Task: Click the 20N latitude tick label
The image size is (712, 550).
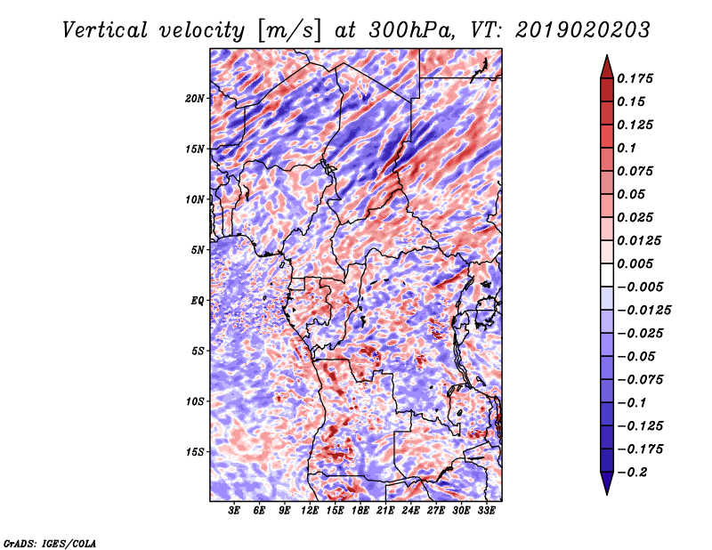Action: tap(195, 98)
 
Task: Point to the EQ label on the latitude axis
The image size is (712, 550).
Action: tap(198, 301)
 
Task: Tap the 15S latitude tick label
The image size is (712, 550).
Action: tap(195, 452)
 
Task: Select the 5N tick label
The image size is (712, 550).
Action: tap(198, 250)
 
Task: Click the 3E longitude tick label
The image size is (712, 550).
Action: tap(235, 511)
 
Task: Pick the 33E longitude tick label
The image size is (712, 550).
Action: tap(487, 511)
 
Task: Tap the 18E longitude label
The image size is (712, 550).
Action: tap(360, 511)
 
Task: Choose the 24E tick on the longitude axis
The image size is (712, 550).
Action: tap(411, 511)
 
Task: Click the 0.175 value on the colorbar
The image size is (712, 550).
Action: tap(637, 78)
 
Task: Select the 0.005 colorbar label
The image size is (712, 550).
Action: tap(637, 264)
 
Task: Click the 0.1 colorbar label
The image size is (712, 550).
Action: tap(627, 148)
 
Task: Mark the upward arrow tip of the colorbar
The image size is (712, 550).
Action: tap(605, 58)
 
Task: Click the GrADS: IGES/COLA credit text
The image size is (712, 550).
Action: tap(50, 542)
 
